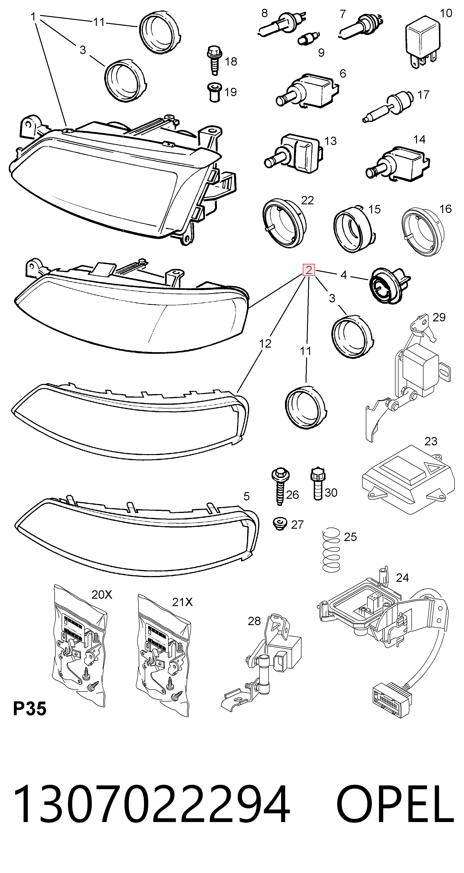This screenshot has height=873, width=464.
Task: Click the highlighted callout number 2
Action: [309, 270]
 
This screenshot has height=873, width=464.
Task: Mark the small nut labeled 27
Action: [280, 524]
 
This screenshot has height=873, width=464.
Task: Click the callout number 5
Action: [246, 496]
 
